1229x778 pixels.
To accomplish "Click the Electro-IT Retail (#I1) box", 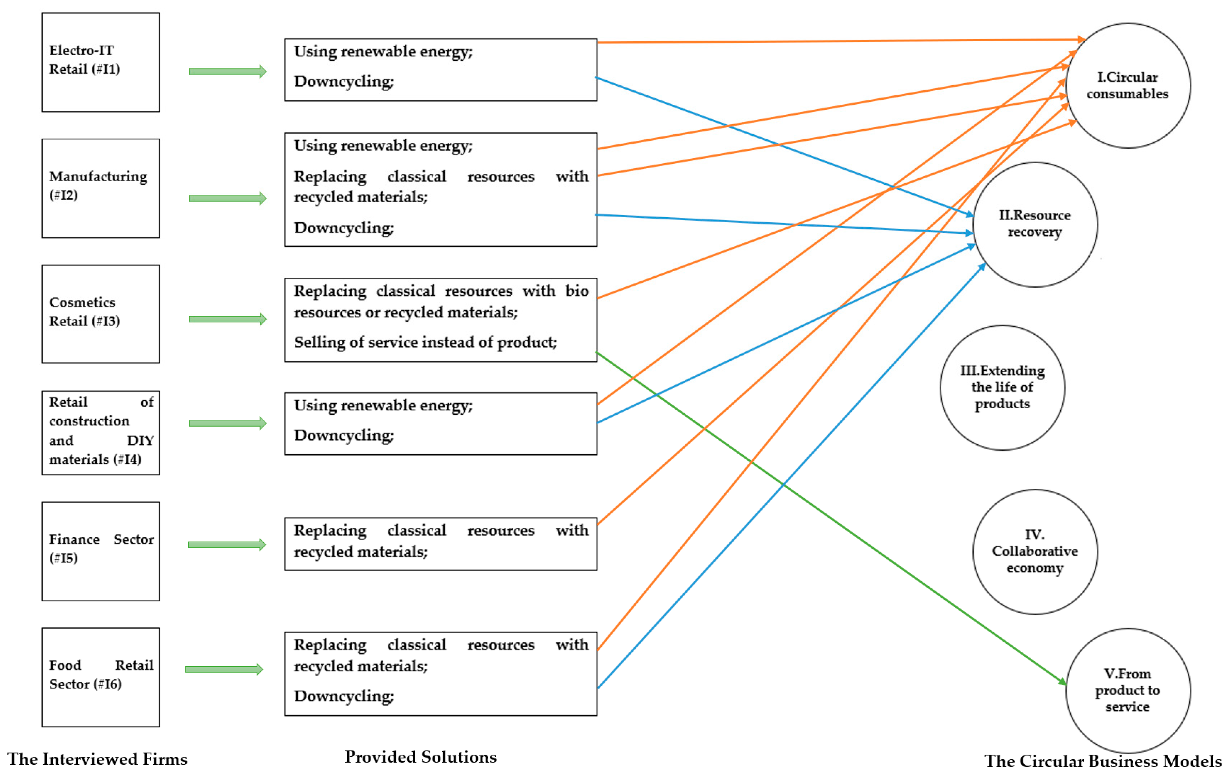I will (x=101, y=62).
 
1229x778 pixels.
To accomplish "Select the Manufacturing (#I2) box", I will (x=101, y=188).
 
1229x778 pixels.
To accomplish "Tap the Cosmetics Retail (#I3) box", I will (x=101, y=314).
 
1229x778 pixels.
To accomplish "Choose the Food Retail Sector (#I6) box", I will (x=101, y=677).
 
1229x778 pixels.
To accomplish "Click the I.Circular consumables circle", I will (x=1128, y=85).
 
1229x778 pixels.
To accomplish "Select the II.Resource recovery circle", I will (x=1035, y=225).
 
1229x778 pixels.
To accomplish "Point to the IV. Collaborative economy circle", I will (x=1035, y=551).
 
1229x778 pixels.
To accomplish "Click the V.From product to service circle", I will (x=1128, y=690).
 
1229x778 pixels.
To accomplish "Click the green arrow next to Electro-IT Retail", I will (x=228, y=72).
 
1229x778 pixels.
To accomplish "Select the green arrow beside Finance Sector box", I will (x=227, y=545).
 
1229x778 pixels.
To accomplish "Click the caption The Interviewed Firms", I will (x=97, y=759).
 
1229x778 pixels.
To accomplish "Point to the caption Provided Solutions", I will (x=421, y=757).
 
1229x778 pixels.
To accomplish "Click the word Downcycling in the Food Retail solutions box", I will (x=343, y=696).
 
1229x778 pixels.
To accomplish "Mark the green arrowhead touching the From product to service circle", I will (x=1062, y=682).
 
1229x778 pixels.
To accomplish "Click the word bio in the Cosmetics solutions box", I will (x=577, y=291).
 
